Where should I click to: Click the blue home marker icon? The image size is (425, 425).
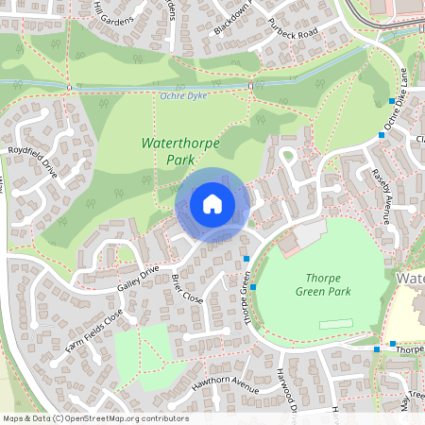tap(212, 203)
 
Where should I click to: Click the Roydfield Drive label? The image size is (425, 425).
tap(33, 161)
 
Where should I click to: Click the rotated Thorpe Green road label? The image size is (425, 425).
tap(250, 300)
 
